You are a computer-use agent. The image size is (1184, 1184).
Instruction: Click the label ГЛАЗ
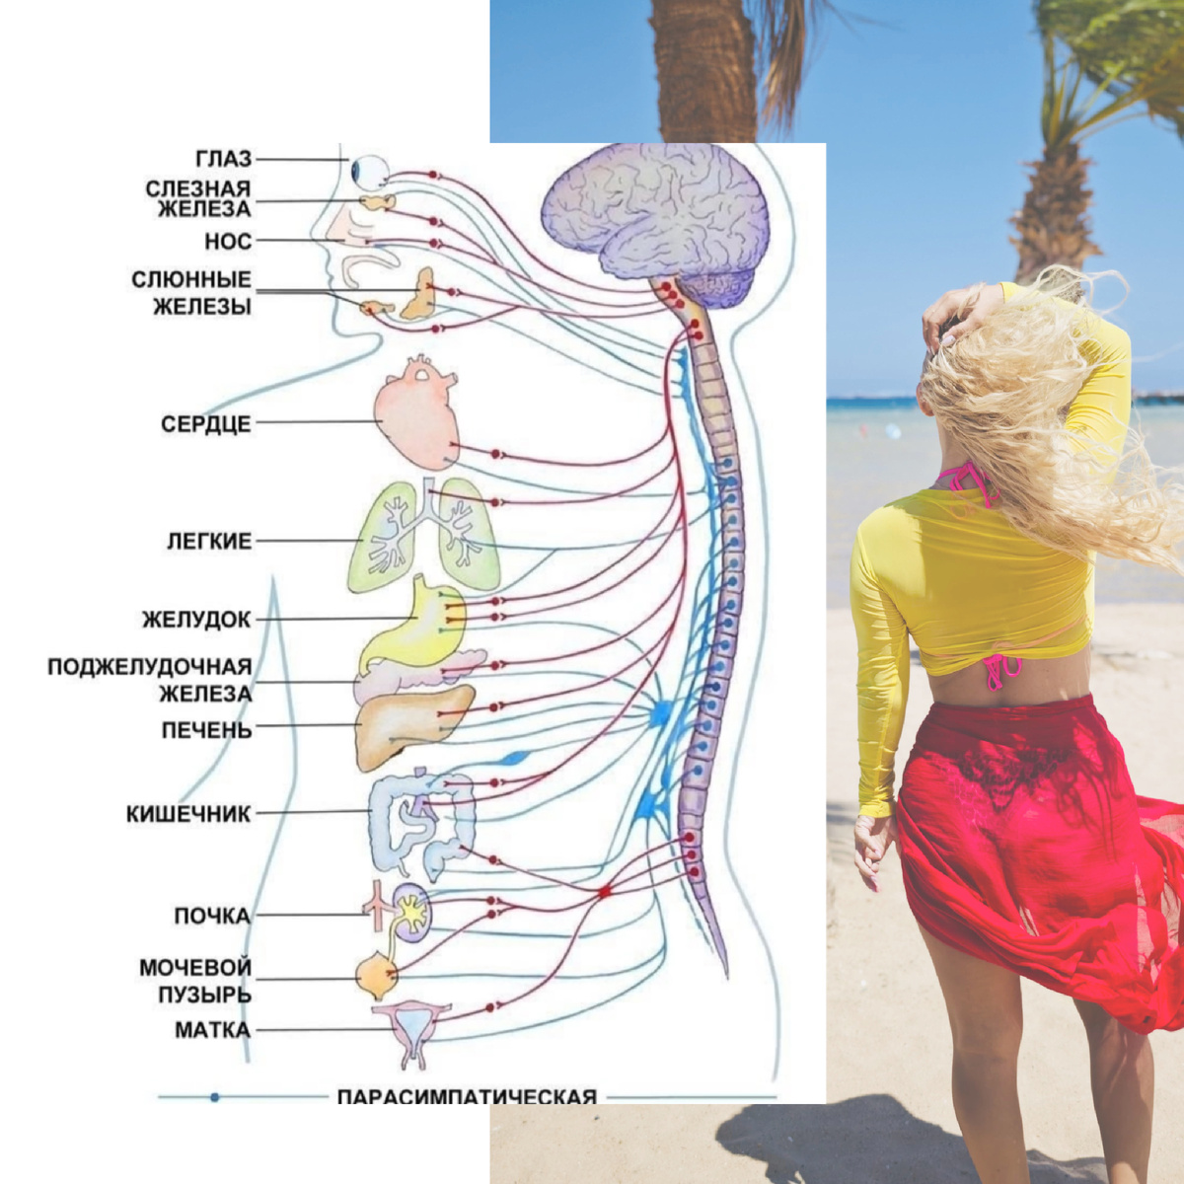223,159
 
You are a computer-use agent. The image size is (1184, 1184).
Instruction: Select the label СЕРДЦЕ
206,424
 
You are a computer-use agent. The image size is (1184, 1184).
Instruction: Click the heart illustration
416,413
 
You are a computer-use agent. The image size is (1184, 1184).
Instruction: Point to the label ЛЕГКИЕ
209,541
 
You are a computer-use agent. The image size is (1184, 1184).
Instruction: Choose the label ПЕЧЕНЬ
207,730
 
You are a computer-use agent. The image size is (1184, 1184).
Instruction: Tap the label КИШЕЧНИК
188,814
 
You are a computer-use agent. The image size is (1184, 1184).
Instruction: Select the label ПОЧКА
212,916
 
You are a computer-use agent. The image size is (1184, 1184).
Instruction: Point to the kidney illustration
412,910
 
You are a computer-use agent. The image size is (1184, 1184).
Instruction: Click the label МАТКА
212,1030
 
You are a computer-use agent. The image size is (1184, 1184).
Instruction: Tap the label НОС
228,241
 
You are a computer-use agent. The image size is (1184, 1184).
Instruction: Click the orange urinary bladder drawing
376,976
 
